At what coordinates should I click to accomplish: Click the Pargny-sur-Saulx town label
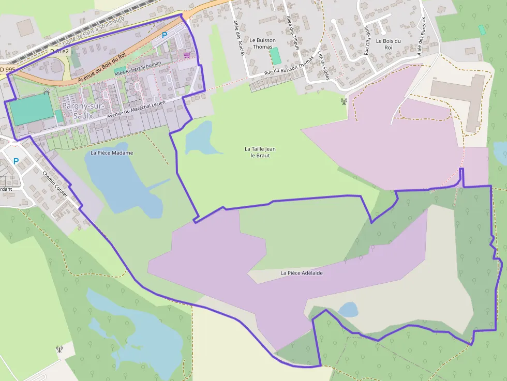point(83,111)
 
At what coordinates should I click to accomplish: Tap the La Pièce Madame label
point(112,153)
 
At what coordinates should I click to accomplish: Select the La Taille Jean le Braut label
point(260,152)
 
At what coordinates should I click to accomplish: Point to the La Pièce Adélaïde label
point(302,272)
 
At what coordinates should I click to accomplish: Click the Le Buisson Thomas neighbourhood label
point(262,43)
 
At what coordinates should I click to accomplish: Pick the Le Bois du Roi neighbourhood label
point(388,44)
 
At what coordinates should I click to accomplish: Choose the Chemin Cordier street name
point(55,184)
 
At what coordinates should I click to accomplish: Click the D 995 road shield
point(7,69)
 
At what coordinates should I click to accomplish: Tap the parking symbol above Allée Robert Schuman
point(165,35)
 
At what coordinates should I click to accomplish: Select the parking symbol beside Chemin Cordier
point(16,161)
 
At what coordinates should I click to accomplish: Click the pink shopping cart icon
point(186,54)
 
